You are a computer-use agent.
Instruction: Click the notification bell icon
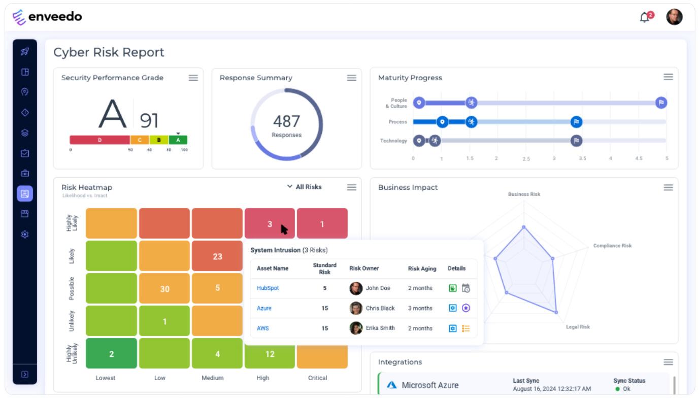tap(644, 18)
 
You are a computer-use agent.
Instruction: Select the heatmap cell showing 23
tap(217, 256)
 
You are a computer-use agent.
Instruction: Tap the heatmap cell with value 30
tap(164, 289)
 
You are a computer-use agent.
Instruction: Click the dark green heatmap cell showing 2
tap(111, 354)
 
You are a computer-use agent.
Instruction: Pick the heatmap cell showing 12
tap(270, 354)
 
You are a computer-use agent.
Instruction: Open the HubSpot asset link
tap(268, 288)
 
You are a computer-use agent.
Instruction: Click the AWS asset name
tap(262, 328)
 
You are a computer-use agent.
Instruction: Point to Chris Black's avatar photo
tap(356, 308)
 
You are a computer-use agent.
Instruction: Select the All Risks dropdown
tap(305, 187)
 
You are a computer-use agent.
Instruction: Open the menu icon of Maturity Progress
tap(668, 77)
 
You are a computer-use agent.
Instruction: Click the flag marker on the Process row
tap(576, 122)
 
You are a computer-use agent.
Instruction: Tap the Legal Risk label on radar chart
tap(578, 327)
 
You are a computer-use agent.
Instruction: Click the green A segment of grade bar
tap(178, 140)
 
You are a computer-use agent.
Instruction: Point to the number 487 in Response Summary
tap(286, 121)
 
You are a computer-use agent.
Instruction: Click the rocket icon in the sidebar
tap(25, 51)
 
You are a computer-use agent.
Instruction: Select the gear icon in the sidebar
tap(25, 234)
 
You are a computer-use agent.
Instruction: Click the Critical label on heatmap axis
tap(317, 378)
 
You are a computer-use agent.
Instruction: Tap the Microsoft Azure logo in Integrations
tap(391, 385)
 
